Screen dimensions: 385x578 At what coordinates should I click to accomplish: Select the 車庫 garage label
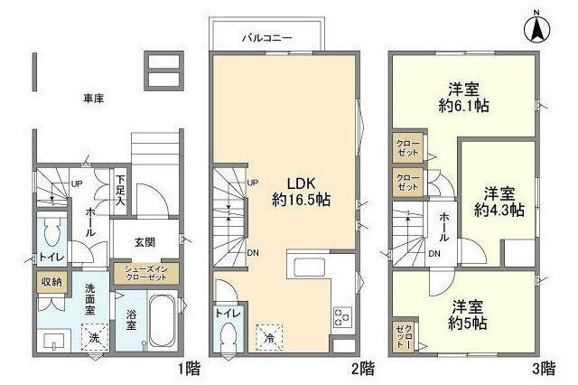[x=94, y=98]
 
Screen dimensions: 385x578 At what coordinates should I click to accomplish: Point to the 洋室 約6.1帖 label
[x=465, y=98]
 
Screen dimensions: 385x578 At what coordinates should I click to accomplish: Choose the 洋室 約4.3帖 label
[x=499, y=202]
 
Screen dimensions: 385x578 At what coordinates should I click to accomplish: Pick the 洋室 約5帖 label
[x=470, y=314]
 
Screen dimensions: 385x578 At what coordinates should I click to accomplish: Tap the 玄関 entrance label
[x=144, y=242]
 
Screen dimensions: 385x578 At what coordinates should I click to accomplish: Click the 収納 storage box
[x=51, y=282]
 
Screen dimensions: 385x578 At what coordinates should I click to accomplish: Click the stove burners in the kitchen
[x=343, y=316]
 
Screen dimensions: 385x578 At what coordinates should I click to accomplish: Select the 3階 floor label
[x=543, y=369]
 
